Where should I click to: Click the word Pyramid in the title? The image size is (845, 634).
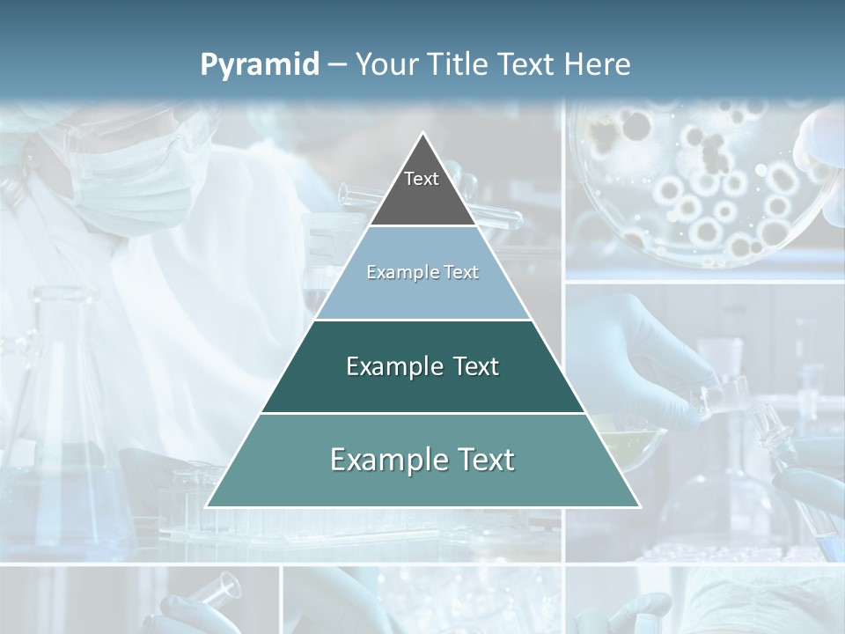tap(259, 65)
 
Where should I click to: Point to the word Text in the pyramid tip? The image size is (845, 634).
tap(422, 179)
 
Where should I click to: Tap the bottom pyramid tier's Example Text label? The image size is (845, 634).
tap(422, 460)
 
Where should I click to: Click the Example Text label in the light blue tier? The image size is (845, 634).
tap(422, 272)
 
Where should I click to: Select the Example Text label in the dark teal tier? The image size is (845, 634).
tap(422, 366)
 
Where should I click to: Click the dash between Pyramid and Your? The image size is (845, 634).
tap(337, 65)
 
